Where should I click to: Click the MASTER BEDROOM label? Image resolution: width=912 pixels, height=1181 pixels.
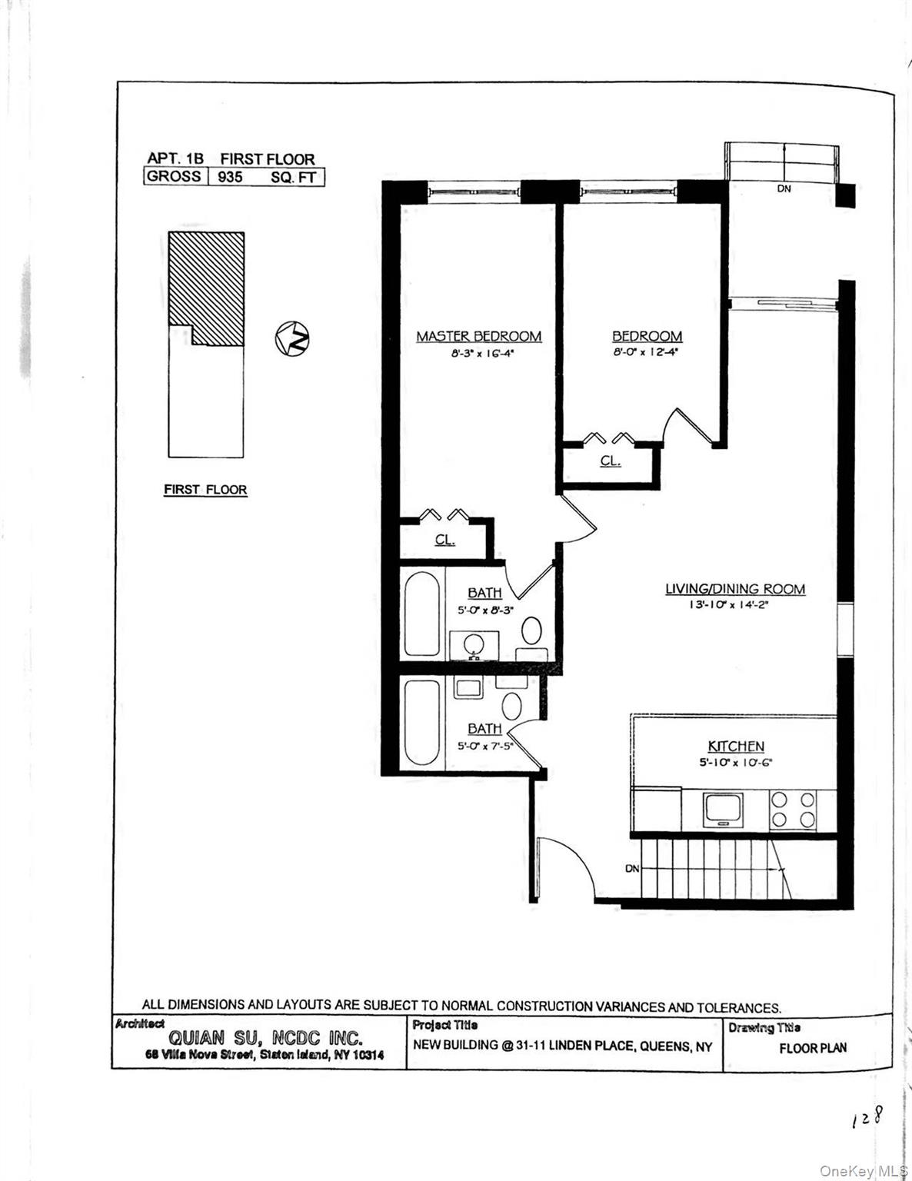pyautogui.click(x=478, y=336)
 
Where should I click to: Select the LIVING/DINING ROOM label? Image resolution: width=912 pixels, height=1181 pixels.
pyautogui.click(x=734, y=589)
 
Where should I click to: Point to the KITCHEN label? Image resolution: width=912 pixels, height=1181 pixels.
pyautogui.click(x=735, y=746)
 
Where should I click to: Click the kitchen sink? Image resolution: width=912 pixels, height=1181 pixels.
pyautogui.click(x=723, y=810)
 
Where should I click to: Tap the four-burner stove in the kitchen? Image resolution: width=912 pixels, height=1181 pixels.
pyautogui.click(x=793, y=810)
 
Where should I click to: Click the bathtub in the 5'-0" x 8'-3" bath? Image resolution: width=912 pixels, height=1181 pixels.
pyautogui.click(x=421, y=614)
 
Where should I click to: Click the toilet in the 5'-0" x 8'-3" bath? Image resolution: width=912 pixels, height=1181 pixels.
pyautogui.click(x=531, y=631)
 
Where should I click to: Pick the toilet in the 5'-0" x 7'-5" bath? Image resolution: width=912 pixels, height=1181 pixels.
pyautogui.click(x=511, y=704)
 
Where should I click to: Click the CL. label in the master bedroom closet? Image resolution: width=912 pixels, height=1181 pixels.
pyautogui.click(x=444, y=540)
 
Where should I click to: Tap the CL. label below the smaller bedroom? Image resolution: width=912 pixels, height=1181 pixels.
pyautogui.click(x=610, y=461)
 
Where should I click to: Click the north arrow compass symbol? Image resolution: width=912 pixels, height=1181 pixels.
pyautogui.click(x=292, y=338)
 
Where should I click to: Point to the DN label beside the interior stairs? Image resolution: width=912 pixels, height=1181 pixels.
pyautogui.click(x=632, y=869)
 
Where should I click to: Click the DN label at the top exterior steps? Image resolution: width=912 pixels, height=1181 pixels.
pyautogui.click(x=784, y=188)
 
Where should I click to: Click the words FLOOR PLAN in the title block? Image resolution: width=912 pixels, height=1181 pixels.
pyautogui.click(x=812, y=1048)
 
